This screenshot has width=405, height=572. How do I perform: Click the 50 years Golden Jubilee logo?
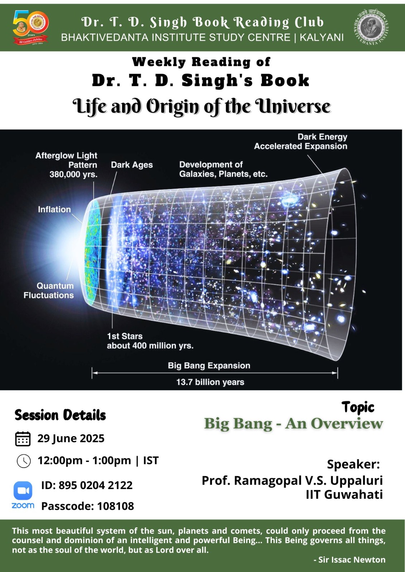click(30, 28)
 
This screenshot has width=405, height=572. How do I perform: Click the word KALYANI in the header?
click(321, 38)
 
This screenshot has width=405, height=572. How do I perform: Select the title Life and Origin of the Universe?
click(202, 107)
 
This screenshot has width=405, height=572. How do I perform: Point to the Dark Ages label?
click(132, 165)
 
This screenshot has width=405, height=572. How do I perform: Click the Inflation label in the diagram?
click(54, 209)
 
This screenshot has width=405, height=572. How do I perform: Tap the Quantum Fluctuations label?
click(49, 290)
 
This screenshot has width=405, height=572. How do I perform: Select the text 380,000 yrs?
click(73, 174)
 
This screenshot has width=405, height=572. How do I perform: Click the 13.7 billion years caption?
click(210, 382)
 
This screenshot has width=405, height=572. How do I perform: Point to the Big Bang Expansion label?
click(209, 365)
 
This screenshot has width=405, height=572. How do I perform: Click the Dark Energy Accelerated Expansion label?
click(300, 142)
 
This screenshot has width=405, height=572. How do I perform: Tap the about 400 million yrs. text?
click(150, 345)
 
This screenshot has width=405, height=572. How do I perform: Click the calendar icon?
click(23, 439)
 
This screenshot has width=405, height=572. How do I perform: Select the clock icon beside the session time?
click(24, 461)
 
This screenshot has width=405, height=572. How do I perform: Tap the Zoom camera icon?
click(23, 490)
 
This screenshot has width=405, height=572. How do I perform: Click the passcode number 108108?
click(116, 506)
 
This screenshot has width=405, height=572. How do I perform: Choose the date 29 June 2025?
click(71, 438)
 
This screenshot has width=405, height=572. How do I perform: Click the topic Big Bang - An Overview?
click(293, 424)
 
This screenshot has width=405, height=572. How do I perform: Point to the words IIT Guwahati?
click(344, 494)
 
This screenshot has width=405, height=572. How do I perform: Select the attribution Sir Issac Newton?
click(352, 560)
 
